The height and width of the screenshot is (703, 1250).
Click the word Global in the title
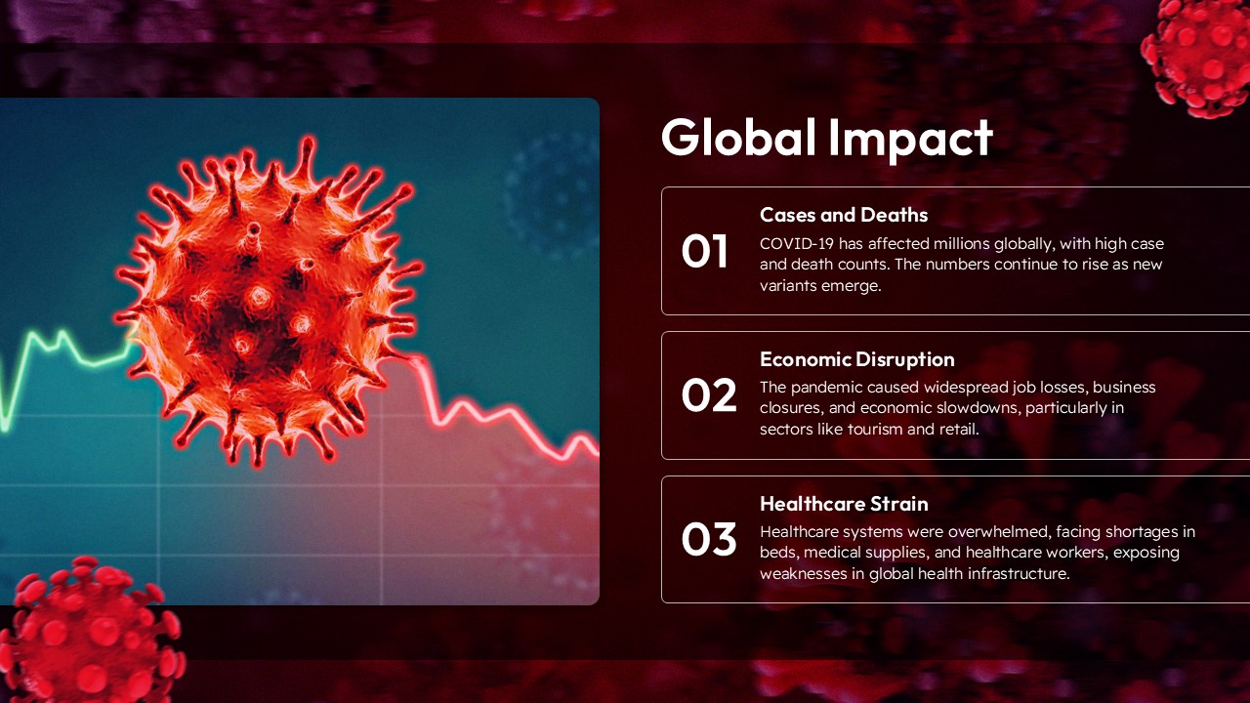738,138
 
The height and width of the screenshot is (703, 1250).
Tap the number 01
705,251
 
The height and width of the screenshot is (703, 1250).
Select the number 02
708,395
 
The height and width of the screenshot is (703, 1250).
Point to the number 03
708,540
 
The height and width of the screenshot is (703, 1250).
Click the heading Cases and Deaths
844,215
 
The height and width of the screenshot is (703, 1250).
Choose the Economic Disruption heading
856,359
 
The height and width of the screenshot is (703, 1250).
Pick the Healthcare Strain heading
844,504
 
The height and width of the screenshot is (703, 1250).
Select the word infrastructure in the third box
1017,573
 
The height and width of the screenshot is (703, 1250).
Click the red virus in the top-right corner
1199,54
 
